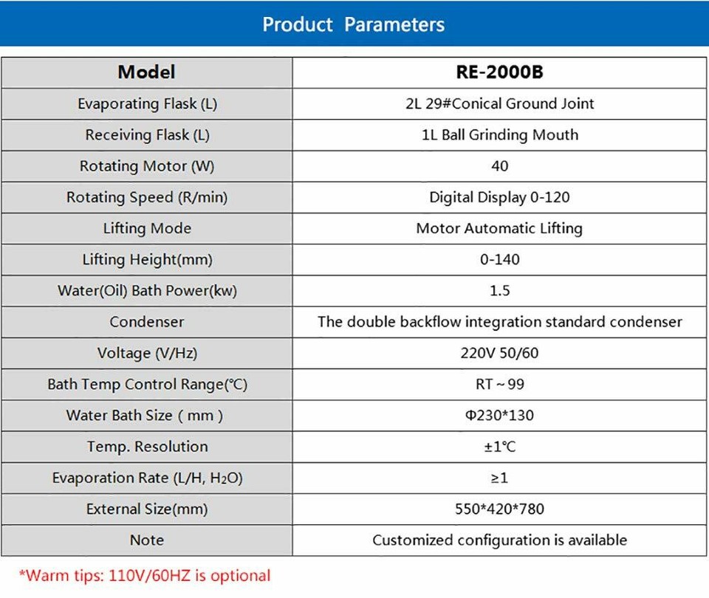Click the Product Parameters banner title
[354, 24]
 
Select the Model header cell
[146, 72]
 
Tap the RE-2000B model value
[500, 72]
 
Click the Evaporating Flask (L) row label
[147, 104]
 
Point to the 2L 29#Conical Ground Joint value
[500, 104]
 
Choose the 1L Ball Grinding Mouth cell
[500, 135]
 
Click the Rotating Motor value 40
[500, 166]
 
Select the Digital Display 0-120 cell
[500, 197]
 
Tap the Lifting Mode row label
[147, 229]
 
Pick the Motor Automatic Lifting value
[500, 229]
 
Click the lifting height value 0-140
[500, 260]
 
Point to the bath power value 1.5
[500, 291]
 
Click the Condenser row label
[147, 322]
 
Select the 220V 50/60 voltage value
[500, 353]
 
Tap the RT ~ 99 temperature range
[500, 385]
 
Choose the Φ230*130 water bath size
[500, 416]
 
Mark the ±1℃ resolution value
[500, 447]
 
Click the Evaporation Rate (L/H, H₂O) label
[147, 478]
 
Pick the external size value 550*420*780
[500, 509]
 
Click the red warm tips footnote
[145, 575]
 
